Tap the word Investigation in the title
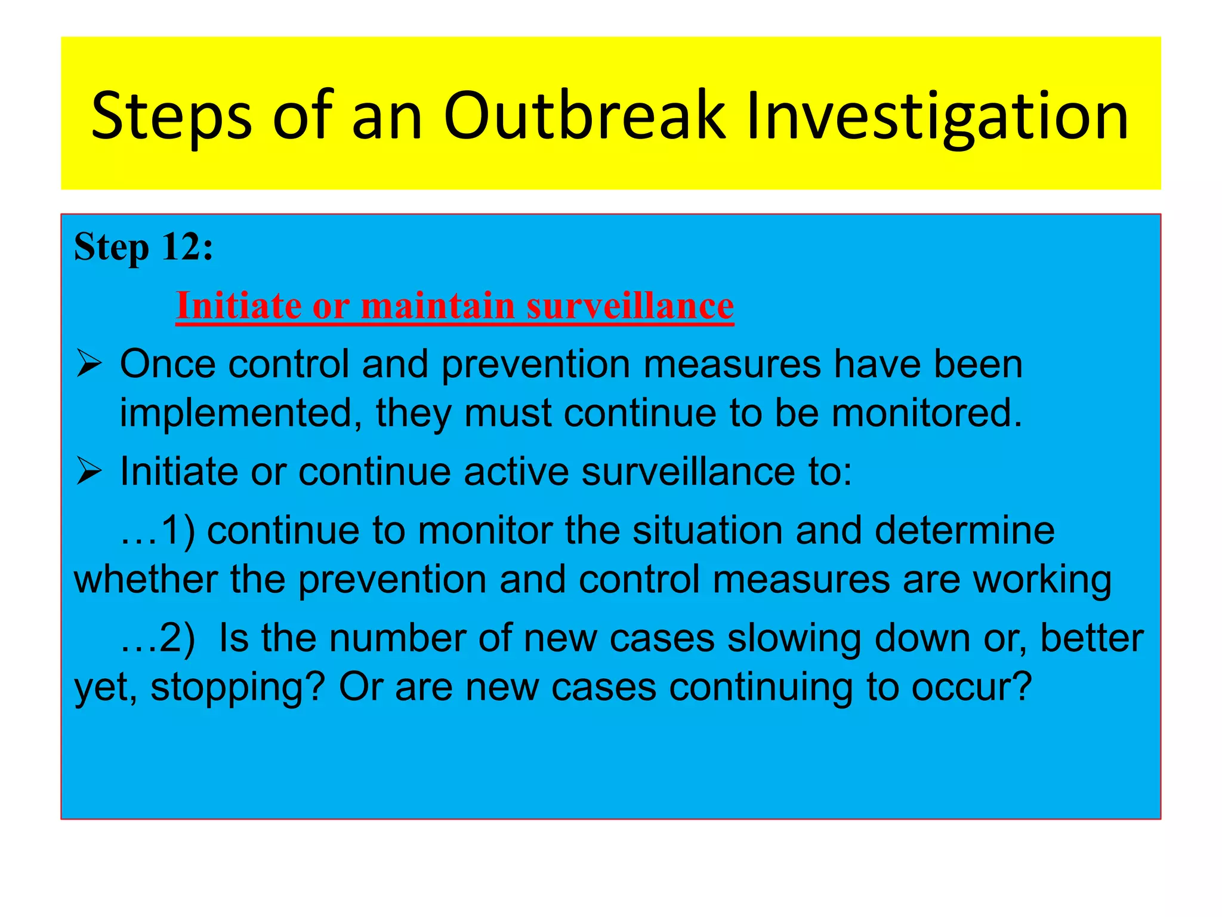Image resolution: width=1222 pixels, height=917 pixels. pyautogui.click(x=937, y=116)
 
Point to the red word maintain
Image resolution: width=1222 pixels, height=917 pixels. pyautogui.click(x=438, y=306)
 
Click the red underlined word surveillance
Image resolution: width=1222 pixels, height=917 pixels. pyautogui.click(x=630, y=306)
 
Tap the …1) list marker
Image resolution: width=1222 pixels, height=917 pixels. pyautogui.click(x=158, y=531)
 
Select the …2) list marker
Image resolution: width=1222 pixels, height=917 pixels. pyautogui.click(x=158, y=638)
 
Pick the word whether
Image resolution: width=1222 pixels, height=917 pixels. pyautogui.click(x=146, y=580)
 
